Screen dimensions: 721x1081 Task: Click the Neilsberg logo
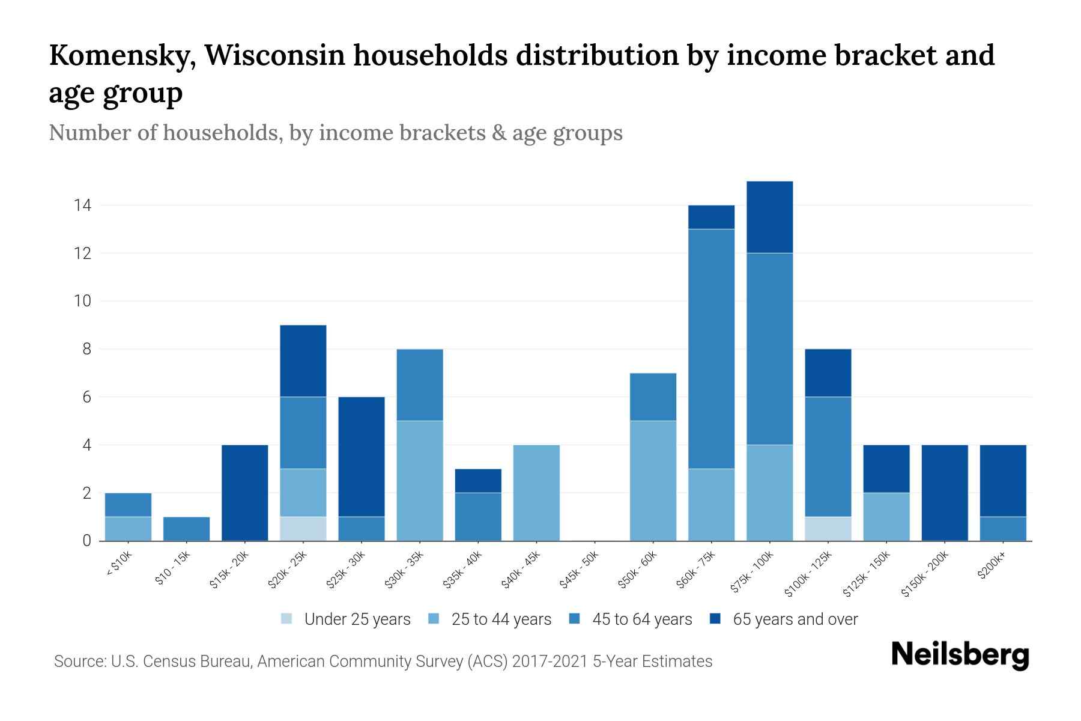tap(960, 655)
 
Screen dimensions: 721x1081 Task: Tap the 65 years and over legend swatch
tap(715, 619)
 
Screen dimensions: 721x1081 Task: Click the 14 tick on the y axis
tap(82, 205)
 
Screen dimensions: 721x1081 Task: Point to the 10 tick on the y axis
tap(82, 301)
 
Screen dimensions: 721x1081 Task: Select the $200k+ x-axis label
tap(992, 566)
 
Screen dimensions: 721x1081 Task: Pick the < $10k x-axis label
tap(119, 565)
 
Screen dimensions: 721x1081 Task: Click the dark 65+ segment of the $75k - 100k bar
tap(769, 217)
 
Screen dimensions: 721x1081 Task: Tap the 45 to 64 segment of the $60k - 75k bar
tap(711, 348)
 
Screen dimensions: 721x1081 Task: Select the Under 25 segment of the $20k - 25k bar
tap(303, 529)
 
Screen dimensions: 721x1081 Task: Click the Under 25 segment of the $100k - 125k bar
tap(828, 529)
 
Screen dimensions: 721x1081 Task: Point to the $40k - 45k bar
tap(536, 493)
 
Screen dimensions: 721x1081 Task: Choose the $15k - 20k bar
tap(244, 493)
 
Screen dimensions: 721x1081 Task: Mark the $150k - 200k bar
tap(945, 493)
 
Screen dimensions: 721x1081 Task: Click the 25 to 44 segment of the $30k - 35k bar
tap(420, 481)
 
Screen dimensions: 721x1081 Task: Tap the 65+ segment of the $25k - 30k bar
tap(362, 457)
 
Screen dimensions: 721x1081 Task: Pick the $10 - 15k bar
tap(186, 529)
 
